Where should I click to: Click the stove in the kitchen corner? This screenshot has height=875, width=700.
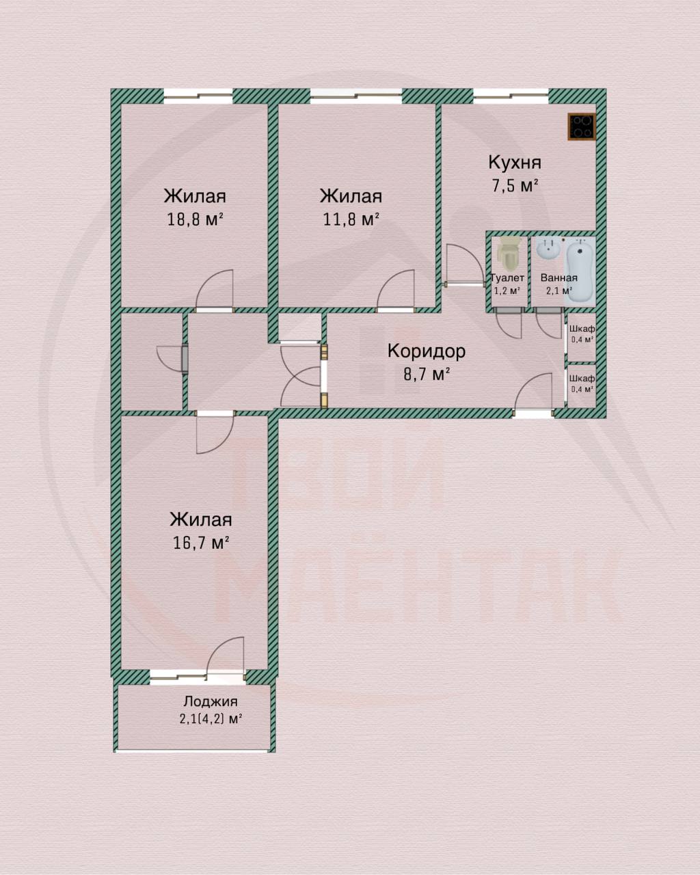582,126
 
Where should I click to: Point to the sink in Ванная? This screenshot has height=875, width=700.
549,249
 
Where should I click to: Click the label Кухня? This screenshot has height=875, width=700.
515,162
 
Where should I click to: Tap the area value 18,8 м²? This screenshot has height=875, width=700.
195,220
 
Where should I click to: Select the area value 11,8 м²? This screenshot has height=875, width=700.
351,220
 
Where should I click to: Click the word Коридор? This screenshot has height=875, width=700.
427,351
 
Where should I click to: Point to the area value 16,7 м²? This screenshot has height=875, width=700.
201,543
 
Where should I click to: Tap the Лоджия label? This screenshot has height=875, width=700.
211,702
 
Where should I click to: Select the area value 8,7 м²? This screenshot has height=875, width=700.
427,374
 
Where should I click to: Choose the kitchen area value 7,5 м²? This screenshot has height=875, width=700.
515,186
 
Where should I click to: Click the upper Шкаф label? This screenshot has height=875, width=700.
582,329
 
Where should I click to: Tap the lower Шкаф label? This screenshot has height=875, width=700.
582,378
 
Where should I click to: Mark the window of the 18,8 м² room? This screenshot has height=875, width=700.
198,96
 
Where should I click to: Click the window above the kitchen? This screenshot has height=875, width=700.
511,96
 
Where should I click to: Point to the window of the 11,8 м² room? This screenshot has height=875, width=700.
356,96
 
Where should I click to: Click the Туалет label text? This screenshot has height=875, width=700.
507,278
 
